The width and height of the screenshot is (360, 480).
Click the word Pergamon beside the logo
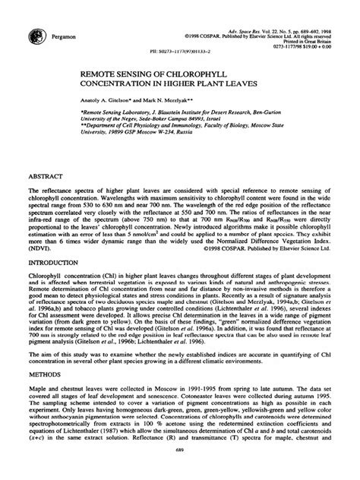point(70,37)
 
